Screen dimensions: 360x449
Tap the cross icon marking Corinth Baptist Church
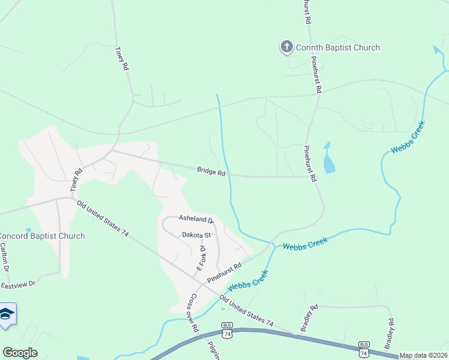point(286,47)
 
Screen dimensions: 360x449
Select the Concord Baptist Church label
point(42,236)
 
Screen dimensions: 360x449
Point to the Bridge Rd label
point(211,172)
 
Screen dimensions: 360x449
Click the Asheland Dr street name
point(196,220)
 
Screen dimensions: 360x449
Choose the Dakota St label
point(197,235)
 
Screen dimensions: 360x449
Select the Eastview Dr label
point(19,283)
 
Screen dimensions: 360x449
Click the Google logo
point(20,353)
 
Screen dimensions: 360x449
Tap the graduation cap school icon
point(6,314)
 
